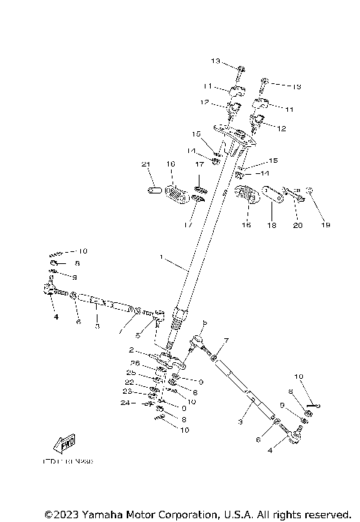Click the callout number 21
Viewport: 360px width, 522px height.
tap(146, 164)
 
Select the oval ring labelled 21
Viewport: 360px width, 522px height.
tap(152, 190)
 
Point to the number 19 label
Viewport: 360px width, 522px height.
tap(325, 224)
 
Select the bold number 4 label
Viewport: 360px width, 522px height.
tap(55, 316)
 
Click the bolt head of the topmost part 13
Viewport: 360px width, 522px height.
tap(238, 70)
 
